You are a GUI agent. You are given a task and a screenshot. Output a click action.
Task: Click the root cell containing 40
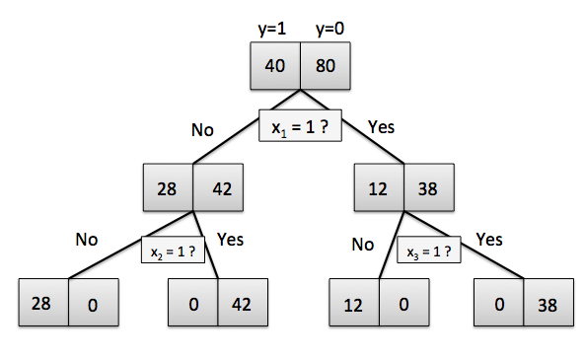275,66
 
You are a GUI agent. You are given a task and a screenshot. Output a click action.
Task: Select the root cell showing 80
326,66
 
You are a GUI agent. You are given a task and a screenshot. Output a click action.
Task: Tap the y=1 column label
272,29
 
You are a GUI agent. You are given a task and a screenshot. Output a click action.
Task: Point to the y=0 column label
329,29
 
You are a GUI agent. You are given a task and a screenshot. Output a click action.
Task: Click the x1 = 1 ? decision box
300,125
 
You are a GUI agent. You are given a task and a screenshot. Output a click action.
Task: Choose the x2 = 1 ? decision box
173,250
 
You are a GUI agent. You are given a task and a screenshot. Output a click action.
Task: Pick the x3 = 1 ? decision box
429,250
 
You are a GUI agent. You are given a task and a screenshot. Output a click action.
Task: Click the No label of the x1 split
202,130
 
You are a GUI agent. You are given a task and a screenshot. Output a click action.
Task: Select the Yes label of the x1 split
381,127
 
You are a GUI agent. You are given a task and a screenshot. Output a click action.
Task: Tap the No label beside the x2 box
87,240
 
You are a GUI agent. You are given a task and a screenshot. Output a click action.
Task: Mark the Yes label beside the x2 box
230,240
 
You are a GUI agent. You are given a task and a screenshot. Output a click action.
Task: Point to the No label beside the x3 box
363,245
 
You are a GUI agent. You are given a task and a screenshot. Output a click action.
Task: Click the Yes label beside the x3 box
489,240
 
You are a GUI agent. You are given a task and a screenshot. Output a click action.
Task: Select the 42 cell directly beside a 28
218,187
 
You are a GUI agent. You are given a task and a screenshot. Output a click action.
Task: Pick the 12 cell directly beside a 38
379,187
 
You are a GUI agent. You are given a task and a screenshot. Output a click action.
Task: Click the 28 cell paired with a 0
43,302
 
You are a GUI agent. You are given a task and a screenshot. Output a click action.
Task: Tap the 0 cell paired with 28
94,302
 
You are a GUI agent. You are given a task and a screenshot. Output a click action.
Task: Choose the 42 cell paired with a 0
243,302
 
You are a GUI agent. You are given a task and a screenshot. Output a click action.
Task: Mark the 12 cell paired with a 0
354,302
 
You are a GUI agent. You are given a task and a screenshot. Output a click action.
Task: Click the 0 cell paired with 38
499,302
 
